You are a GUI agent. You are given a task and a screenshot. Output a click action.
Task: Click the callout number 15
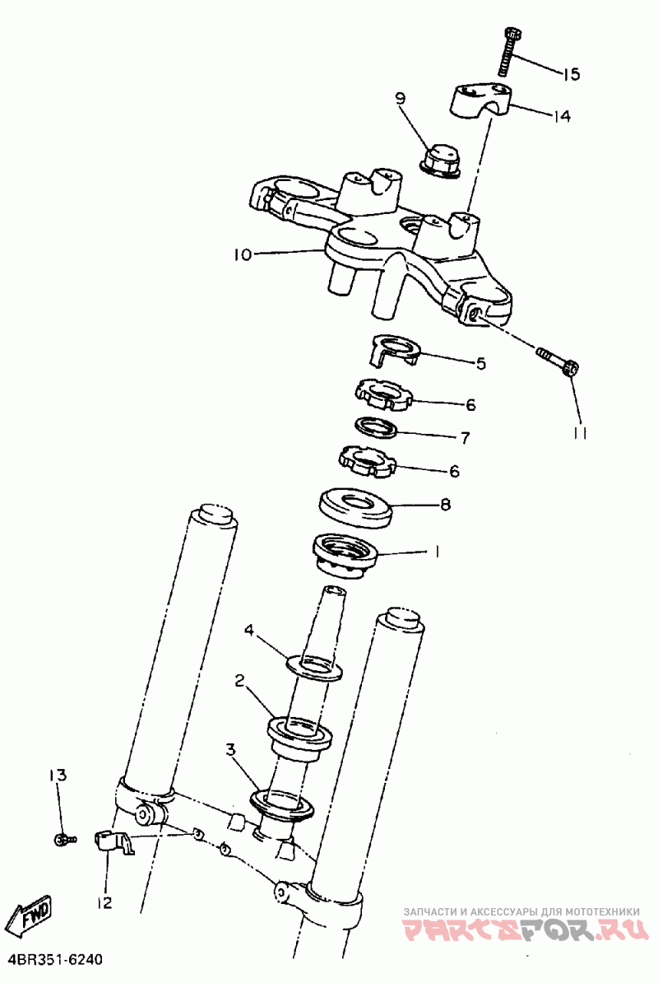(x=571, y=74)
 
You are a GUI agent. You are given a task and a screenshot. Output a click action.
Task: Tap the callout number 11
(x=580, y=433)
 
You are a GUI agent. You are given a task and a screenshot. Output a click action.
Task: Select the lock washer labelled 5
(x=392, y=349)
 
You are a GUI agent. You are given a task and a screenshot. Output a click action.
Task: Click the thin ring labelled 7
(x=375, y=428)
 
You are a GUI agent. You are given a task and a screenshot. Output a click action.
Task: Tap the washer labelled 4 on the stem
(x=313, y=666)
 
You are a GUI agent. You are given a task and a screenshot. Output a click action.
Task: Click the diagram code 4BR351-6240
(x=55, y=961)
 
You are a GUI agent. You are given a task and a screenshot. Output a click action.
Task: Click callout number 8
(x=445, y=504)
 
